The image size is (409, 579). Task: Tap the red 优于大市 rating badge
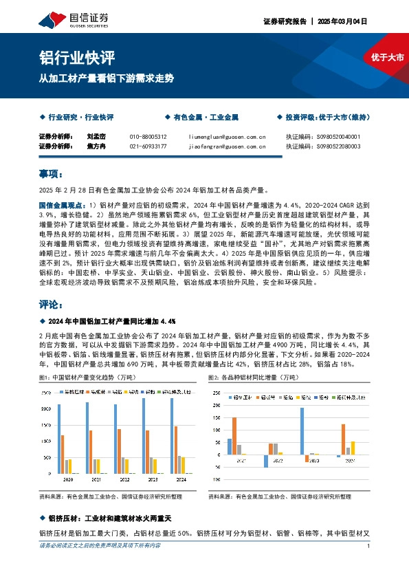click(x=387, y=56)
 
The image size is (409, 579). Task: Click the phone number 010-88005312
click(x=148, y=137)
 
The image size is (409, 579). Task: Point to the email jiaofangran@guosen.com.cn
click(x=227, y=146)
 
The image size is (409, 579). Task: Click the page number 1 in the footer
click(x=369, y=545)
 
